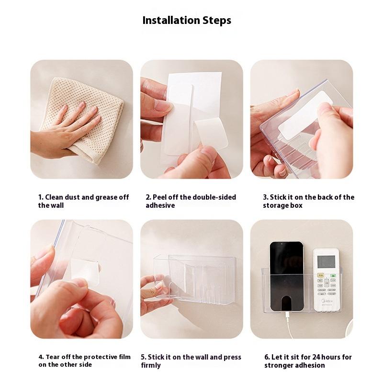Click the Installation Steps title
pos(187,20)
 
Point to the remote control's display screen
pos(326,261)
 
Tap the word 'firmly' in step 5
pos(151,365)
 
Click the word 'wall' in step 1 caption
pos(57,205)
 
